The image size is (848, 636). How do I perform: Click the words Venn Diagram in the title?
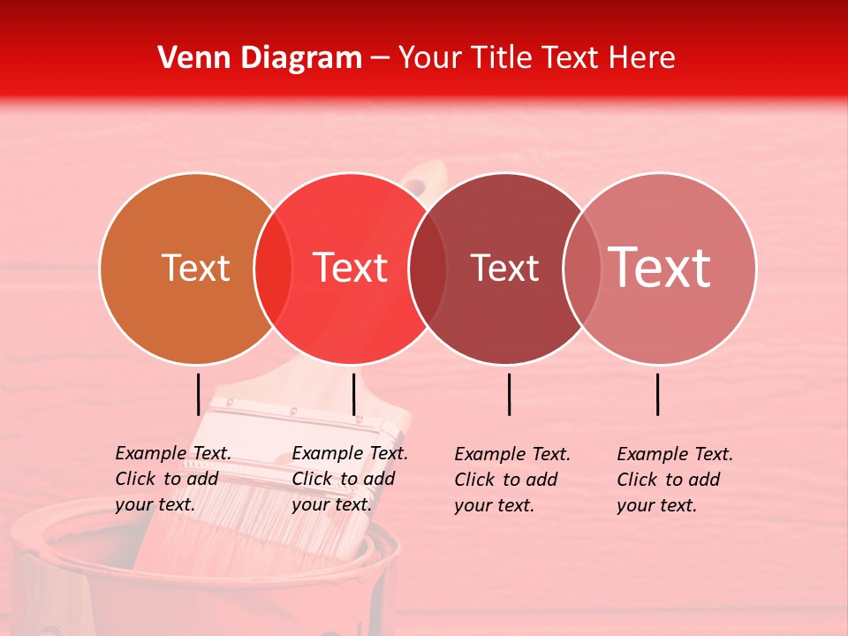[260, 58]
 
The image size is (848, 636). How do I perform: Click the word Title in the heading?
[502, 58]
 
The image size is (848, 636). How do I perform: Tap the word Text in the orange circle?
[195, 269]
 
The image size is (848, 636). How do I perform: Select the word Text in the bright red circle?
[351, 269]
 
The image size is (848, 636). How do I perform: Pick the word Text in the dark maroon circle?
[504, 269]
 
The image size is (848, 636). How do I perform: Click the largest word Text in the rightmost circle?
[659, 269]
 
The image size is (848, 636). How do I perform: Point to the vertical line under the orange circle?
[199, 394]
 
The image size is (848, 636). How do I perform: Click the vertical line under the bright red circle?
[353, 394]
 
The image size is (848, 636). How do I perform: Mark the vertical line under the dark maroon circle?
[509, 394]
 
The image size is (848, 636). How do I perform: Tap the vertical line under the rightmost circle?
[657, 394]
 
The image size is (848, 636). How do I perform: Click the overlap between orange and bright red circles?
[273, 269]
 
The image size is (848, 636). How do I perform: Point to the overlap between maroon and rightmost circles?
[579, 269]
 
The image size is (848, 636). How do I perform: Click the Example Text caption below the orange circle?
[173, 479]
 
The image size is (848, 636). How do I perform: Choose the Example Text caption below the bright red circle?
[350, 479]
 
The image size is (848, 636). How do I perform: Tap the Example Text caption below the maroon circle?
[512, 480]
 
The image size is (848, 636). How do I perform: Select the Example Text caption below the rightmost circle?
[675, 480]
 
